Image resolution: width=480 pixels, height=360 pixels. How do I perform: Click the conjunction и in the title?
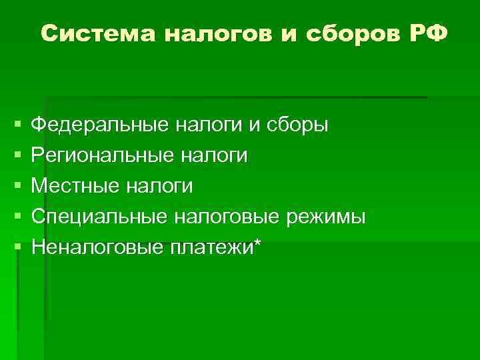tap(287, 34)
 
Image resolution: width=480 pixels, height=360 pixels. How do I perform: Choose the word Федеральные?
tap(101, 125)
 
